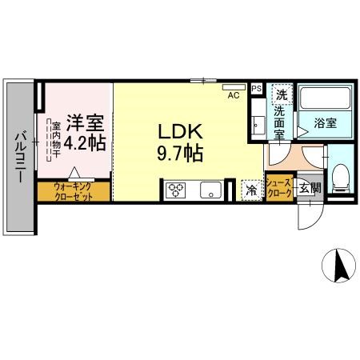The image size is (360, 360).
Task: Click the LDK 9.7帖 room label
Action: click(180, 142)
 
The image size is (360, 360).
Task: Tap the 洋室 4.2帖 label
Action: click(85, 133)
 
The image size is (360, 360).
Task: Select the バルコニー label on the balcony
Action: click(21, 158)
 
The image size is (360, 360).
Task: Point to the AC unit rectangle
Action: click(234, 87)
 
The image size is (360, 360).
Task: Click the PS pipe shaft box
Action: click(257, 88)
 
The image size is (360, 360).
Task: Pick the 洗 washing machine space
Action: click(282, 94)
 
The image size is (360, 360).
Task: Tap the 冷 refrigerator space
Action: click(251, 190)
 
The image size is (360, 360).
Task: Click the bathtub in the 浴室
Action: click(325, 98)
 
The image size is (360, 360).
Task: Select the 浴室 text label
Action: click(325, 123)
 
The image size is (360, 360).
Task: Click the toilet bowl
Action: click(340, 178)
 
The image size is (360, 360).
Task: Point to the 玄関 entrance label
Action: click(310, 189)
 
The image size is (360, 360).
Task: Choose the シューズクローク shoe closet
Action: click(279, 188)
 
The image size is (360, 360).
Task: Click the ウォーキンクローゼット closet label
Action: click(74, 191)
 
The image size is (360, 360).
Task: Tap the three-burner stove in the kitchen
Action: click(175, 190)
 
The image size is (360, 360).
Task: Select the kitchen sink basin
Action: click(210, 190)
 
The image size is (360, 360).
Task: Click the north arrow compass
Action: click(338, 266)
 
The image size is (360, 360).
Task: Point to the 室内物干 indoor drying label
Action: click(56, 139)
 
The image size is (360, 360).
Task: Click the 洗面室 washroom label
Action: click(279, 122)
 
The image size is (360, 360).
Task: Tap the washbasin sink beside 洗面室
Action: click(258, 124)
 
